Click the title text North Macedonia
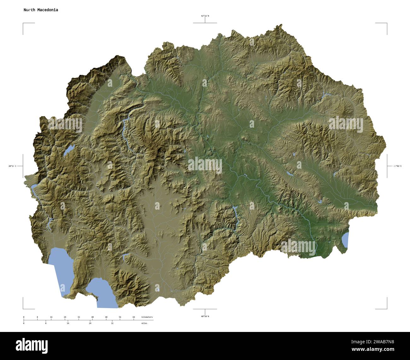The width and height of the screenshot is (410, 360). pyautogui.click(x=41, y=10)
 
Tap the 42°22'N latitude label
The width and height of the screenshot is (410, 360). pyautogui.click(x=205, y=16)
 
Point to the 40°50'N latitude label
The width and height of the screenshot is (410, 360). pyautogui.click(x=205, y=316)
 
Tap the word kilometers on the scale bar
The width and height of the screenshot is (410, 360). pyautogui.click(x=147, y=317)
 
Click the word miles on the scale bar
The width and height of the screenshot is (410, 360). pyautogui.click(x=144, y=323)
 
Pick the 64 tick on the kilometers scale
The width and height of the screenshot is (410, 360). pyautogui.click(x=134, y=317)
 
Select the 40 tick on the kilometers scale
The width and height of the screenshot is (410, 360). pyautogui.click(x=92, y=317)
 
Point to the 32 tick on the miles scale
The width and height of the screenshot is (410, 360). pyautogui.click(x=112, y=323)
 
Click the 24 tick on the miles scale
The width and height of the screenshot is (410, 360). pyautogui.click(x=90, y=323)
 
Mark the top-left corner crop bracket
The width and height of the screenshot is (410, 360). pyautogui.click(x=24, y=24)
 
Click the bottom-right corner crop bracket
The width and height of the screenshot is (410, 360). pyautogui.click(x=386, y=308)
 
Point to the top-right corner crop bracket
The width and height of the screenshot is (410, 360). pyautogui.click(x=386, y=24)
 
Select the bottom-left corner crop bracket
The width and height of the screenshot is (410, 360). pyautogui.click(x=24, y=308)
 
